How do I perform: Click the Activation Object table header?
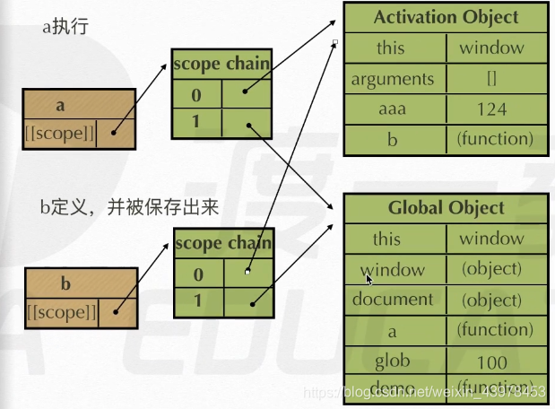[446, 17]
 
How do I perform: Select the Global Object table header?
[446, 208]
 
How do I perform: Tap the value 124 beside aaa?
[491, 109]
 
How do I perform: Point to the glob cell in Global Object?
[392, 361]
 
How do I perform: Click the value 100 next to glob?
[491, 361]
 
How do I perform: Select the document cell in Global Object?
[392, 300]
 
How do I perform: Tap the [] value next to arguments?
[491, 79]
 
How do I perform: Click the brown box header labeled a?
[60, 105]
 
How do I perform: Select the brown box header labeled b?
[64, 284]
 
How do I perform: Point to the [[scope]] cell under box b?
[63, 312]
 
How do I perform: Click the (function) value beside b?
[495, 139]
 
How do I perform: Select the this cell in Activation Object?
[390, 48]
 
